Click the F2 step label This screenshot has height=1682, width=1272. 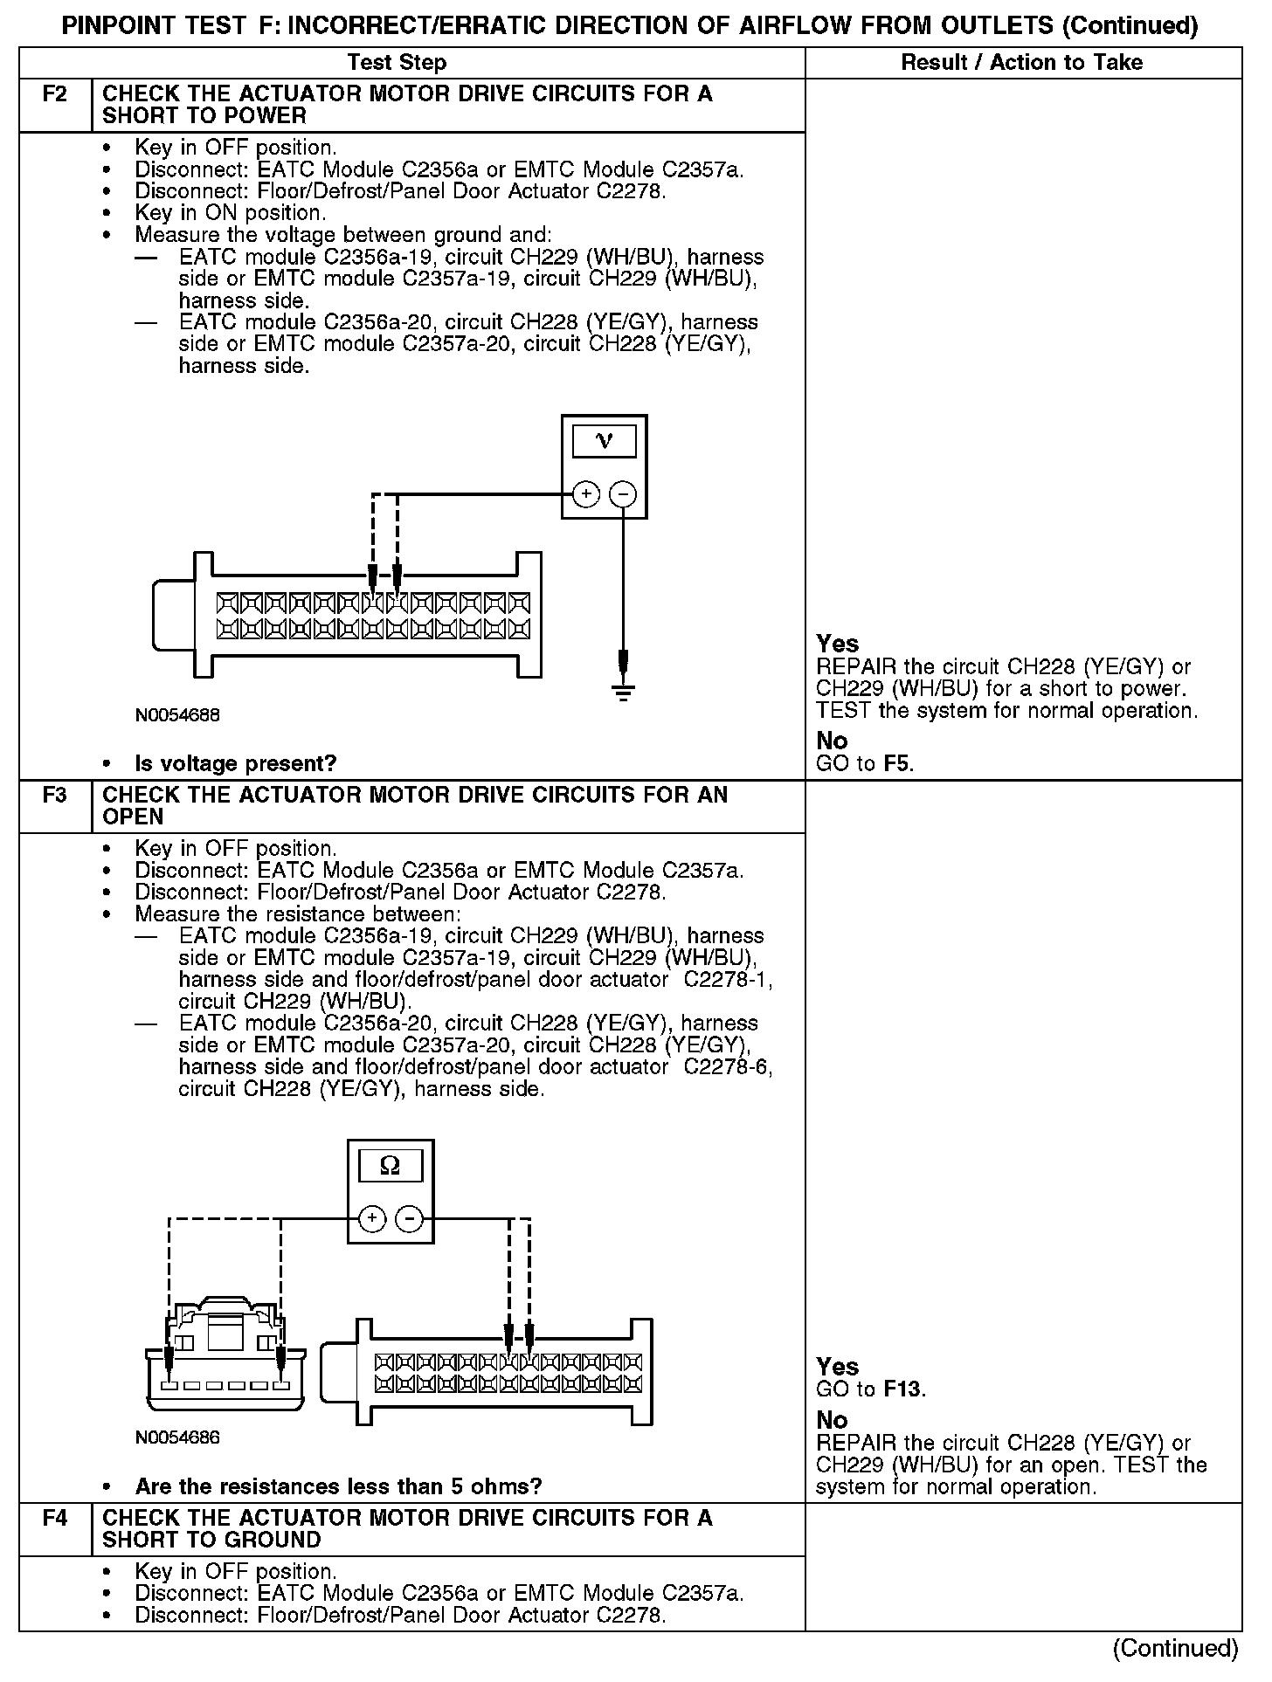pos(54,93)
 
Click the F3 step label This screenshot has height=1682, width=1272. pos(54,795)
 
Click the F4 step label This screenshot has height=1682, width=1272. pos(54,1518)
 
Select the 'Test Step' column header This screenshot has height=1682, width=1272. pos(397,63)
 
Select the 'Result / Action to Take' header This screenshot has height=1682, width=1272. pos(1021,63)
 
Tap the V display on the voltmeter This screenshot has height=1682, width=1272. pos(604,441)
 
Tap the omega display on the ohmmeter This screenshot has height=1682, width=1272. pos(391,1166)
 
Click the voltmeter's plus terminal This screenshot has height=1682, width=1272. pos(585,494)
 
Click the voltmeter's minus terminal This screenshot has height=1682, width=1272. pos(622,494)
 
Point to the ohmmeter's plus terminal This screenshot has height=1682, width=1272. pos(372,1218)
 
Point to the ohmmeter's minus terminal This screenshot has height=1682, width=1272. pos(409,1218)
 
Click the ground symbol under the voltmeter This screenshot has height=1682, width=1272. pos(622,693)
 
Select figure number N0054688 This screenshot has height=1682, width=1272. pos(177,715)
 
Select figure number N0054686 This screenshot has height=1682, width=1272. pos(177,1437)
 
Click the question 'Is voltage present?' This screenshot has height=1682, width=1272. pos(236,763)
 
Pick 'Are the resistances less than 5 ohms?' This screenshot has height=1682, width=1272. pos(338,1486)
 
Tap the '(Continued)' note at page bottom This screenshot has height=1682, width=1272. pos(1175,1648)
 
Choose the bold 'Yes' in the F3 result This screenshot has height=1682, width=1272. pos(837,1367)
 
